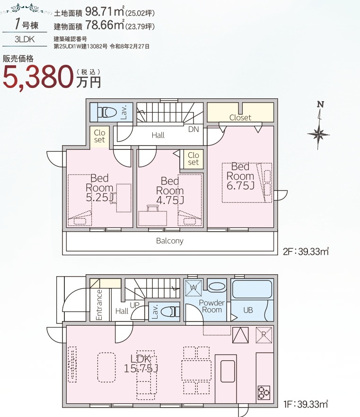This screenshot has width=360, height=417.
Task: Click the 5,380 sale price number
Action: click(x=38, y=77)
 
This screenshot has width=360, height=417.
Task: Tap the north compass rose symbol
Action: click(x=319, y=134)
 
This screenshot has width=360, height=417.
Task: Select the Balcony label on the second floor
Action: click(x=170, y=241)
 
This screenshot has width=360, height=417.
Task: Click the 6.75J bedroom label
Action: click(x=240, y=185)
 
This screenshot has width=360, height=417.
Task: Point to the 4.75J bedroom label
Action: click(x=170, y=200)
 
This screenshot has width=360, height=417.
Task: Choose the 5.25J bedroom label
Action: click(x=99, y=197)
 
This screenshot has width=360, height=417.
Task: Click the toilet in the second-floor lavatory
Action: click(x=107, y=112)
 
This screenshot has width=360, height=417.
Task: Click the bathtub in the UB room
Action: click(x=252, y=289)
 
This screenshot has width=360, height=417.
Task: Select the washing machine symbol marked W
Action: click(x=193, y=287)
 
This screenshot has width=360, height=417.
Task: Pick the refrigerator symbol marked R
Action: click(x=264, y=335)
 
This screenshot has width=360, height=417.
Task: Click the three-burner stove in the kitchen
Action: click(x=263, y=393)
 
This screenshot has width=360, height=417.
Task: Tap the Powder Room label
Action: click(x=212, y=306)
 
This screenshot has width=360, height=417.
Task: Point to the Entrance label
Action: click(x=99, y=305)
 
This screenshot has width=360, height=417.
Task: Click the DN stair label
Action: click(x=193, y=129)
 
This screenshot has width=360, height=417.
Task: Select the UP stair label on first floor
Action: click(x=135, y=305)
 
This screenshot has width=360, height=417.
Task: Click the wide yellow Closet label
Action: click(x=240, y=118)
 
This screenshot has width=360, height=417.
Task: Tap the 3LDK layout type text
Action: click(x=25, y=39)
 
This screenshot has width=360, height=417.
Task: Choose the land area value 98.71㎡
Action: click(x=105, y=11)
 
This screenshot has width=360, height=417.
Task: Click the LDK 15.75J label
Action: click(x=141, y=364)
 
